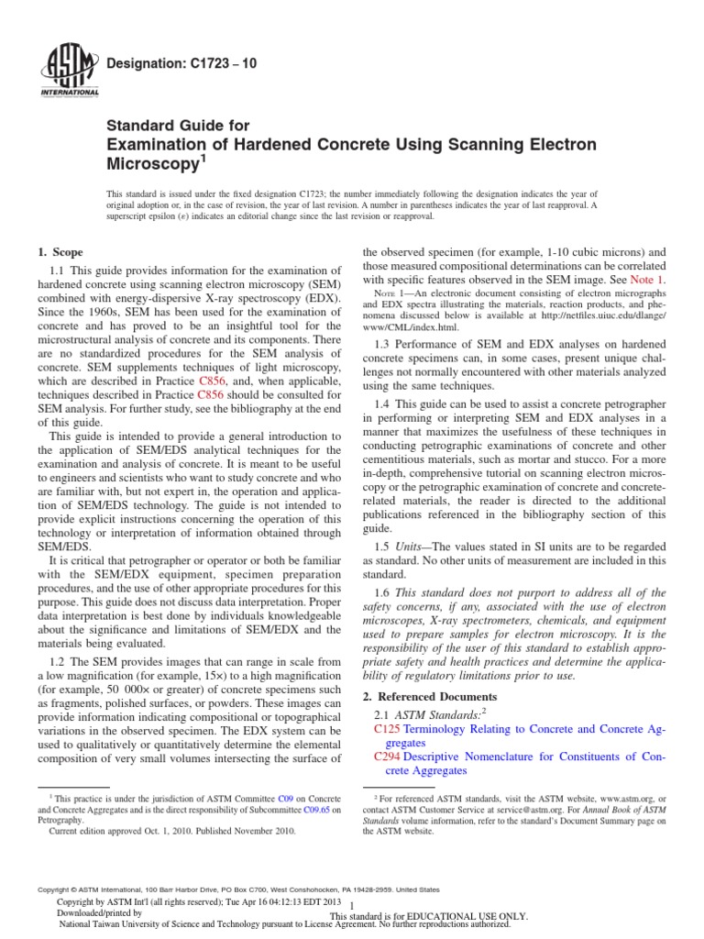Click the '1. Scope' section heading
coord(60,252)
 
